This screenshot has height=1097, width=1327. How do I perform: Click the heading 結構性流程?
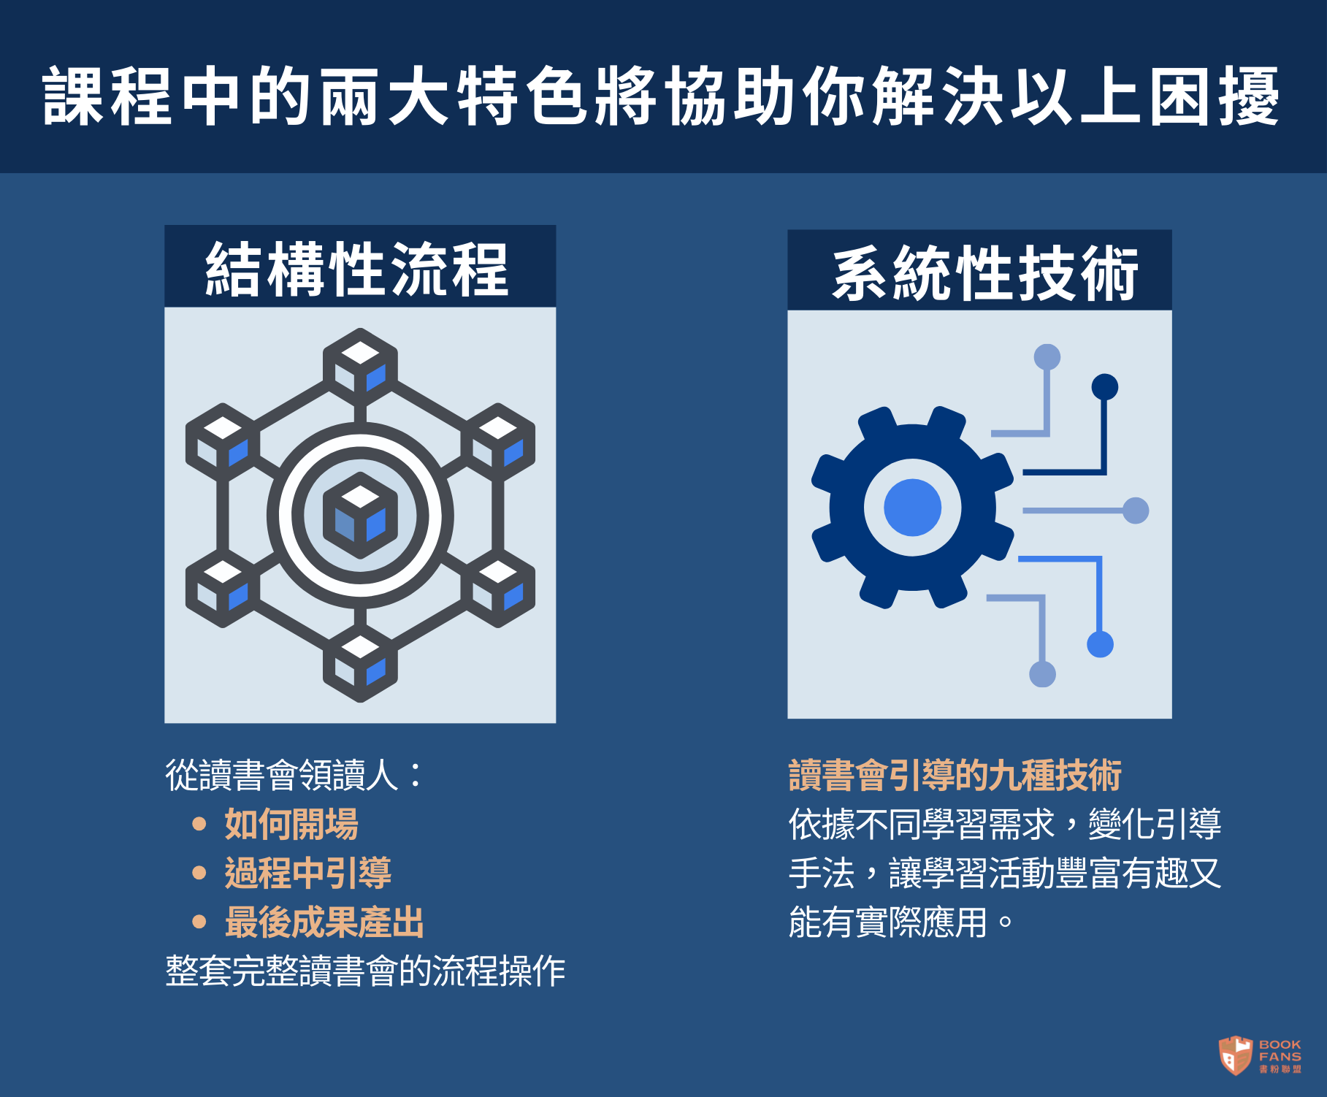(357, 270)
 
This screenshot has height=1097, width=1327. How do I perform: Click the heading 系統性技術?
(985, 273)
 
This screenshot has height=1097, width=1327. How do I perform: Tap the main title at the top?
(662, 96)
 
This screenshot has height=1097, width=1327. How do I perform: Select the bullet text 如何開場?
(291, 824)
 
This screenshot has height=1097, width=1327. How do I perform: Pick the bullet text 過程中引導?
(308, 873)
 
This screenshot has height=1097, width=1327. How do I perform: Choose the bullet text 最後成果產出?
(324, 922)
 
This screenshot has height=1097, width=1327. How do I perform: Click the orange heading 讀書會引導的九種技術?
(955, 775)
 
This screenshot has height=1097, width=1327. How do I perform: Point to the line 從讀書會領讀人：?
(294, 775)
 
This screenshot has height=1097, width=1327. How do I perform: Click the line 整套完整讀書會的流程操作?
(365, 971)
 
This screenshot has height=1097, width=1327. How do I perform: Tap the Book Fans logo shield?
(1236, 1055)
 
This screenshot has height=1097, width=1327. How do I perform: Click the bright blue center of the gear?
(912, 508)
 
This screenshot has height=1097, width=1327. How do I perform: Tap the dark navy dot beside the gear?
(1105, 387)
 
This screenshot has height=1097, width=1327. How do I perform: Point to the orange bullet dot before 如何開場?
(199, 824)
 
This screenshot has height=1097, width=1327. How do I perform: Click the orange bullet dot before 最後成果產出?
(199, 922)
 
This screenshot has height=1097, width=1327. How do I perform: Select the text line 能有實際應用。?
(901, 922)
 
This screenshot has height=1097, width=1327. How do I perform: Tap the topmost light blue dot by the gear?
(1047, 357)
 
